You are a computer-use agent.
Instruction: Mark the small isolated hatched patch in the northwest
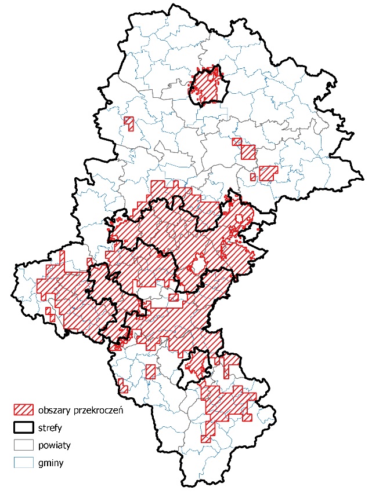coord(129,123)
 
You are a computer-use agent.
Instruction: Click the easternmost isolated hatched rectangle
coord(268,173)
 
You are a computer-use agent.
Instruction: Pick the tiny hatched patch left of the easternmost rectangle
coord(252,177)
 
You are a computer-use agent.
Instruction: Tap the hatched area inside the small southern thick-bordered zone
coord(194,364)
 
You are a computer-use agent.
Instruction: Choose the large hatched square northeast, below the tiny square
coord(248,152)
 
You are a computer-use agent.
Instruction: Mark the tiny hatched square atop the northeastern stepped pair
coord(236,141)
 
